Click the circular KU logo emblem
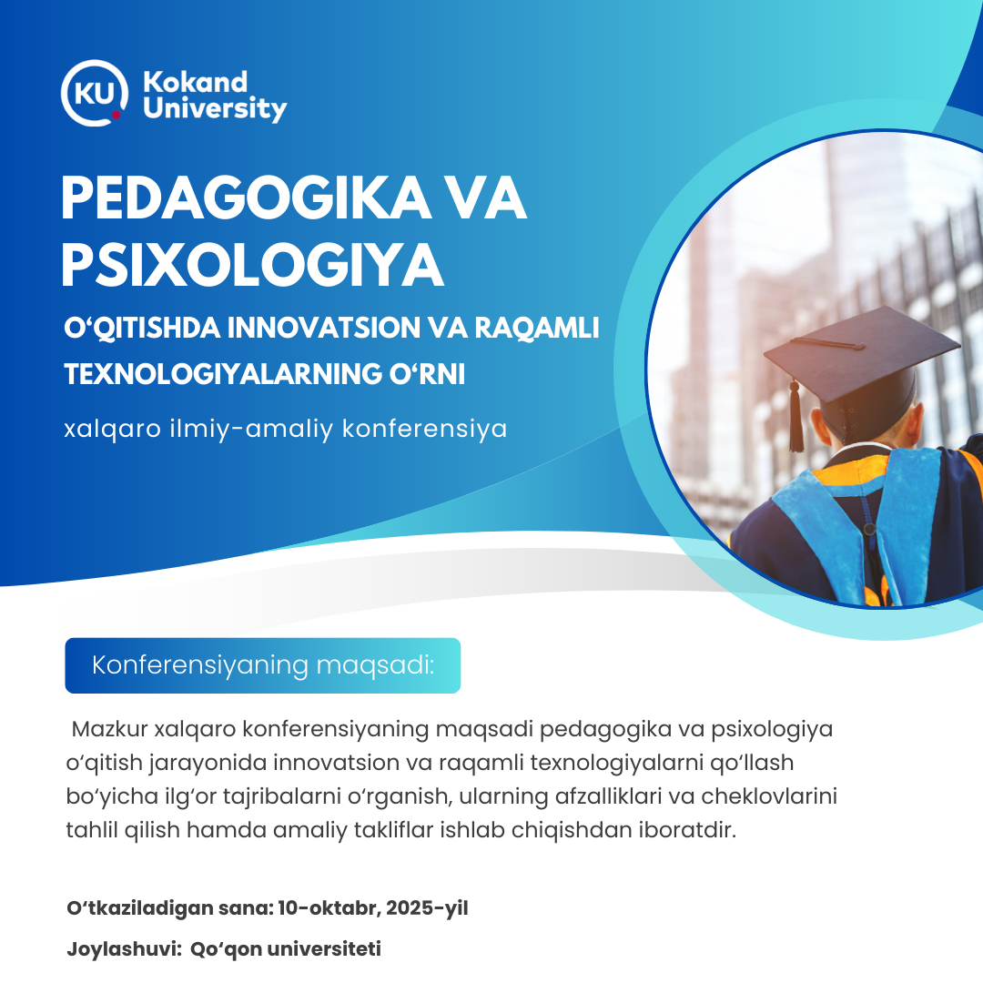click(x=95, y=93)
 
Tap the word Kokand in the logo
click(x=195, y=82)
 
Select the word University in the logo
click(x=215, y=108)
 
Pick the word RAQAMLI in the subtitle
click(x=537, y=328)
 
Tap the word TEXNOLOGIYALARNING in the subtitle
click(x=223, y=374)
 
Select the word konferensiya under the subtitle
click(x=424, y=430)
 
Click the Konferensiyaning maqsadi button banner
click(x=263, y=665)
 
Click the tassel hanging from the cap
click(x=796, y=416)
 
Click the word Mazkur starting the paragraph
click(x=110, y=729)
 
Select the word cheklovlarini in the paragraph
click(x=768, y=796)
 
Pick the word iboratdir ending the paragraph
click(x=687, y=829)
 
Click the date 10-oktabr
click(x=329, y=907)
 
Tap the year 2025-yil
click(x=427, y=908)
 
